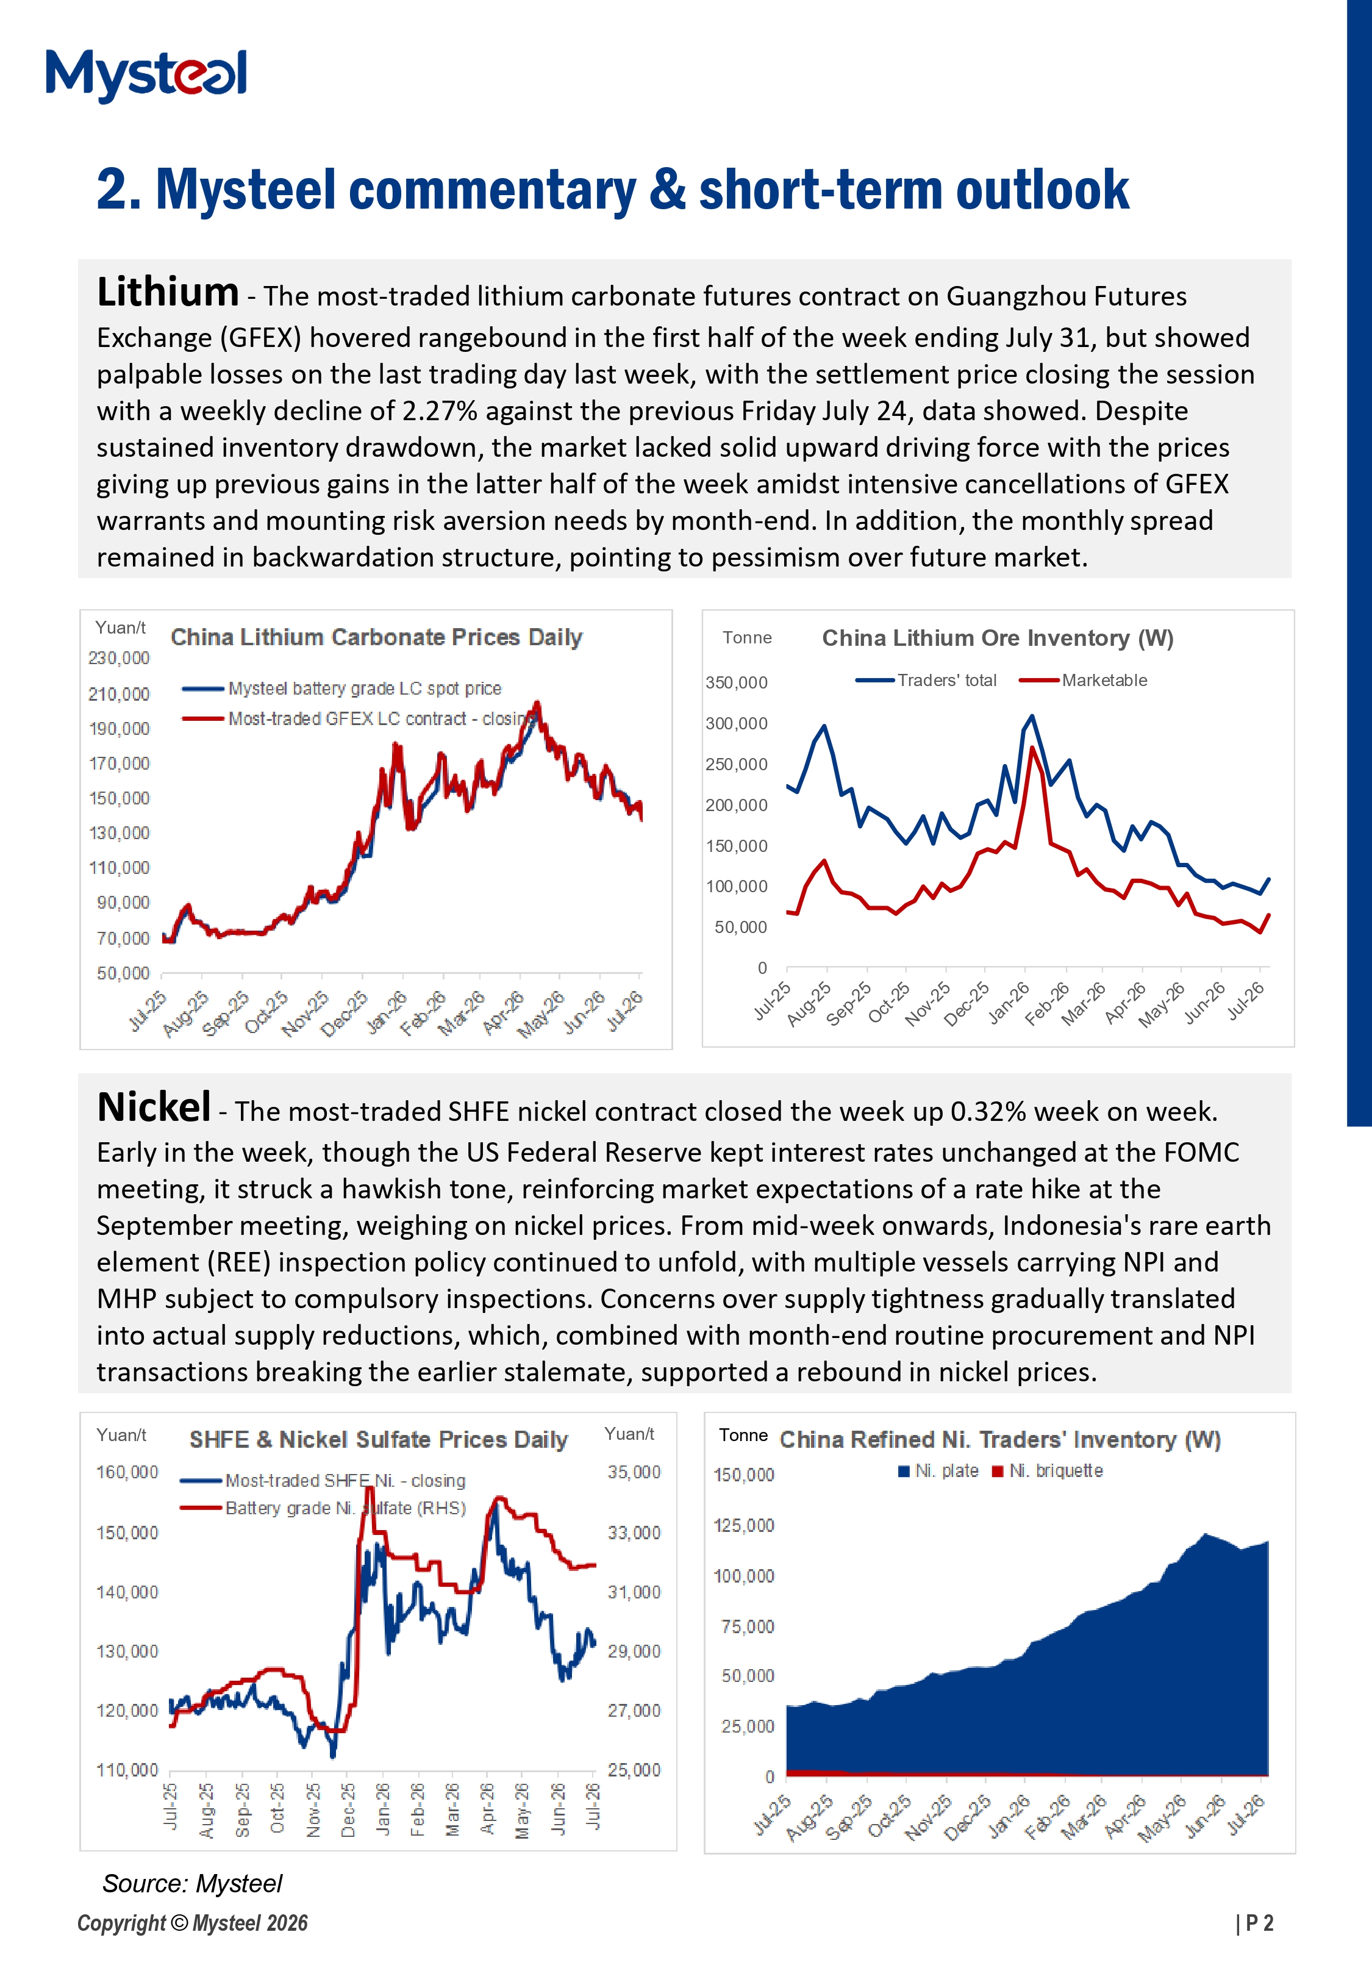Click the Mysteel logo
click(146, 75)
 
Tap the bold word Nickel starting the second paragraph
click(154, 1107)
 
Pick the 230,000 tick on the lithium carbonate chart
click(119, 657)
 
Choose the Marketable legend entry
click(1083, 680)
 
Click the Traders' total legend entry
click(926, 680)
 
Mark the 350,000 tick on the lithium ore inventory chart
click(736, 682)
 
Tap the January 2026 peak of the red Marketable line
click(1032, 747)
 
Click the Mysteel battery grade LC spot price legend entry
click(342, 689)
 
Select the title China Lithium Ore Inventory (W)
click(997, 638)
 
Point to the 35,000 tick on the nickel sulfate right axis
click(634, 1472)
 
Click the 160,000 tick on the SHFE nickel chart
click(127, 1472)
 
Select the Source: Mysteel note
click(191, 1883)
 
